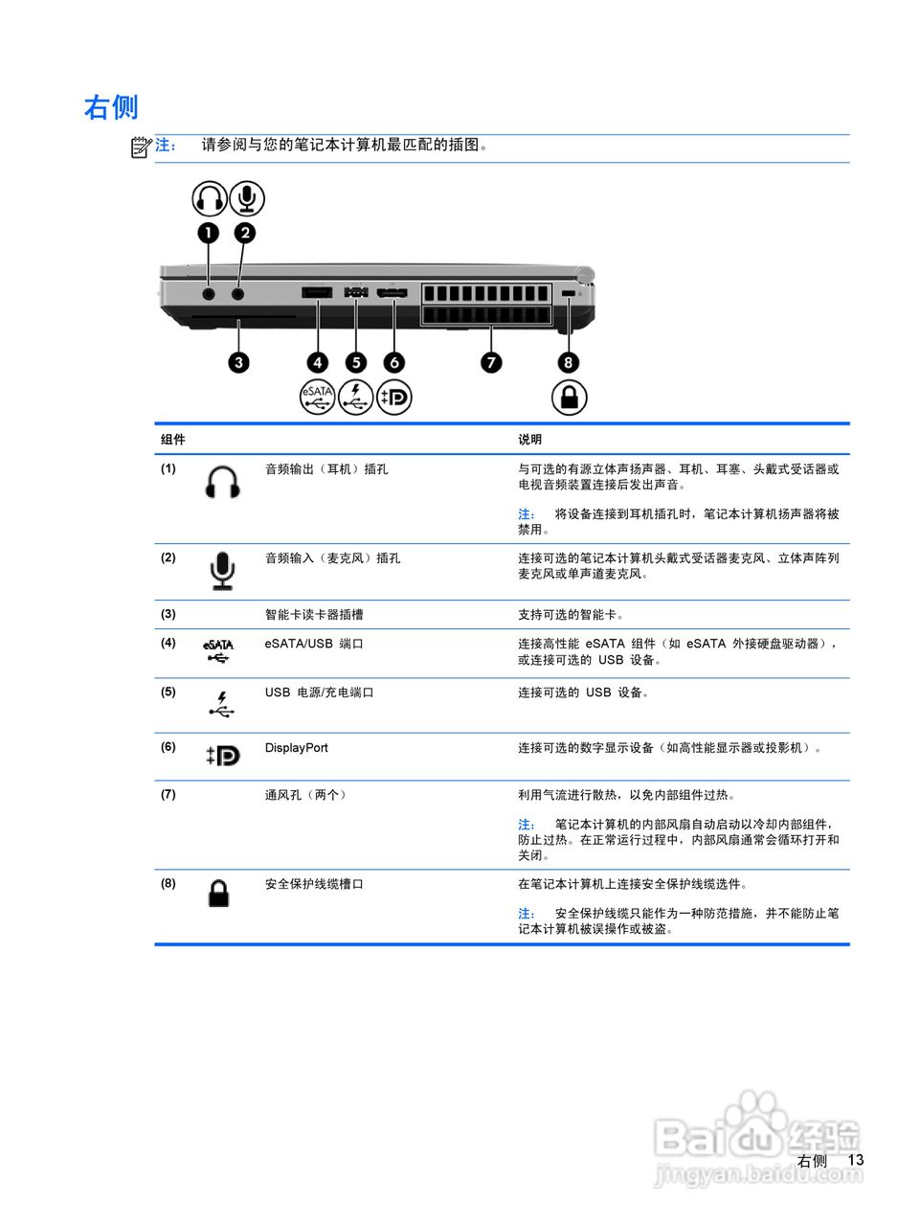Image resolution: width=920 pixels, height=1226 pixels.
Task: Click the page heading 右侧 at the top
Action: (111, 107)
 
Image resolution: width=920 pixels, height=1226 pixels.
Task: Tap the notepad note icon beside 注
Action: (142, 147)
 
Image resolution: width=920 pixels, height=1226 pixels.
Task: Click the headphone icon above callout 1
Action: (209, 198)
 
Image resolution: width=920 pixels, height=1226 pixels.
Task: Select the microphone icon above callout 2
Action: (247, 198)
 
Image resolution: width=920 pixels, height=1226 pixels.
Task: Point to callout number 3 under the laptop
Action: (238, 362)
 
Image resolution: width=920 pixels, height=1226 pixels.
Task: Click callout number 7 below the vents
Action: (491, 362)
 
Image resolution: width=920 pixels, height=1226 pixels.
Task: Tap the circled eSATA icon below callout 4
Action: (317, 397)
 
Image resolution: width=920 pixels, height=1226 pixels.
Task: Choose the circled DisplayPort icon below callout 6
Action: (393, 397)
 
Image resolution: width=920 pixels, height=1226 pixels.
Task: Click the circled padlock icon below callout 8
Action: (569, 397)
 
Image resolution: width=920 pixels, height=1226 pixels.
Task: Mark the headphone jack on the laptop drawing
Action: (209, 293)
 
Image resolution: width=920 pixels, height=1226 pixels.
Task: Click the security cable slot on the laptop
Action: (568, 292)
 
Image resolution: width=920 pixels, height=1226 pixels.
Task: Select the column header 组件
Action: (173, 440)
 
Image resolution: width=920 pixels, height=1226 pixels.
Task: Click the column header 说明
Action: (530, 440)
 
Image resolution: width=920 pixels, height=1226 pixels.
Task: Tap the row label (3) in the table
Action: (168, 614)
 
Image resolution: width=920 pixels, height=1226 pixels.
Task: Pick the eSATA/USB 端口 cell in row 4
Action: (314, 644)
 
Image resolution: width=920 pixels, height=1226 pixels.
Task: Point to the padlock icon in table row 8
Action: (219, 894)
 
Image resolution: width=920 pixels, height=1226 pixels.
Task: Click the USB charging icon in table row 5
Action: (222, 705)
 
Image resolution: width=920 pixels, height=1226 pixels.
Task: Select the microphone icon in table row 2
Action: (222, 571)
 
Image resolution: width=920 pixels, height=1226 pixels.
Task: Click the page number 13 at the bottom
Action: (855, 1160)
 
